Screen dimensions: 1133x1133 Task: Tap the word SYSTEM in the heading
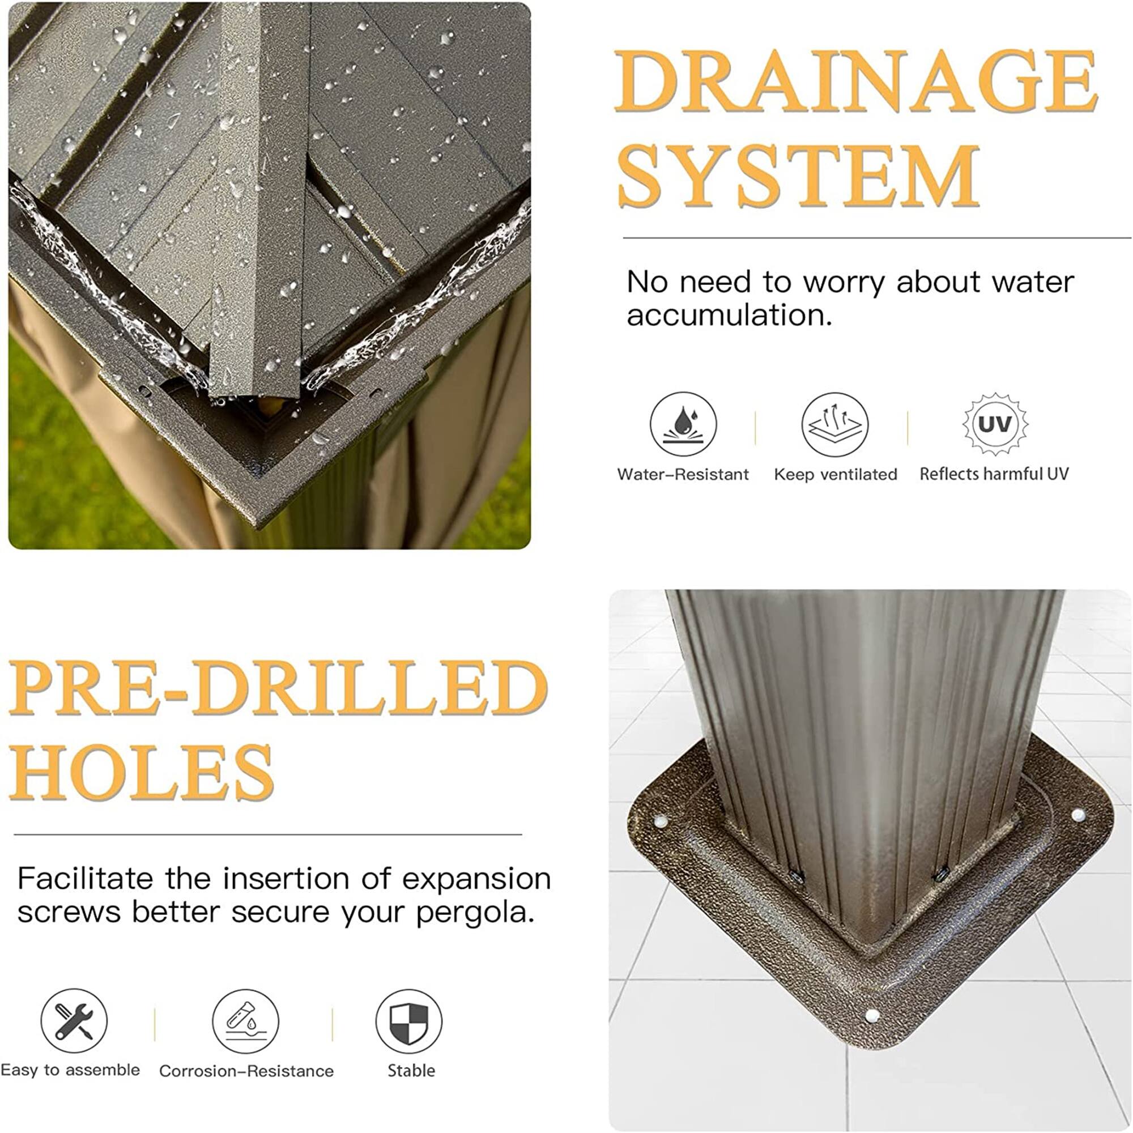tap(798, 177)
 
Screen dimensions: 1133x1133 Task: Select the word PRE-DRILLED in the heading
tap(278, 687)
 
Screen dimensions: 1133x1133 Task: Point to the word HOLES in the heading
tap(142, 771)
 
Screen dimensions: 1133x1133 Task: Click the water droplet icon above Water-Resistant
tap(683, 424)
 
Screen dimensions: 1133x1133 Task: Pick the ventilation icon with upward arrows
tap(834, 424)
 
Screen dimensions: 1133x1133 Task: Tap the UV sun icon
tap(995, 424)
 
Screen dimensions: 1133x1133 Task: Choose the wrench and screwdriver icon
tap(74, 1021)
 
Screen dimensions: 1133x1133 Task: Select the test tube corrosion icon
tap(245, 1021)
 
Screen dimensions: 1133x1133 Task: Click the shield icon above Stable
tap(409, 1021)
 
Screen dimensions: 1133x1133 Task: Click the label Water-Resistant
tap(683, 474)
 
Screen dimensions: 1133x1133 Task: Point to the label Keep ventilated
tap(835, 474)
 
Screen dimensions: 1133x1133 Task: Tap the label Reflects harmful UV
tap(994, 473)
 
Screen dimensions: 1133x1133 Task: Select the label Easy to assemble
tap(70, 1070)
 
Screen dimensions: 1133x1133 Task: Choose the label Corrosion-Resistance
tap(246, 1071)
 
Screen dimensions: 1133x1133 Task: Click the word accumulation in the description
tap(729, 316)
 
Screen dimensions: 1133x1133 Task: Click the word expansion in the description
tap(476, 879)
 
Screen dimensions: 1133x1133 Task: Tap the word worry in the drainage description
tap(844, 283)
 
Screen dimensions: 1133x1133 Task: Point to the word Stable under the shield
tap(411, 1070)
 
